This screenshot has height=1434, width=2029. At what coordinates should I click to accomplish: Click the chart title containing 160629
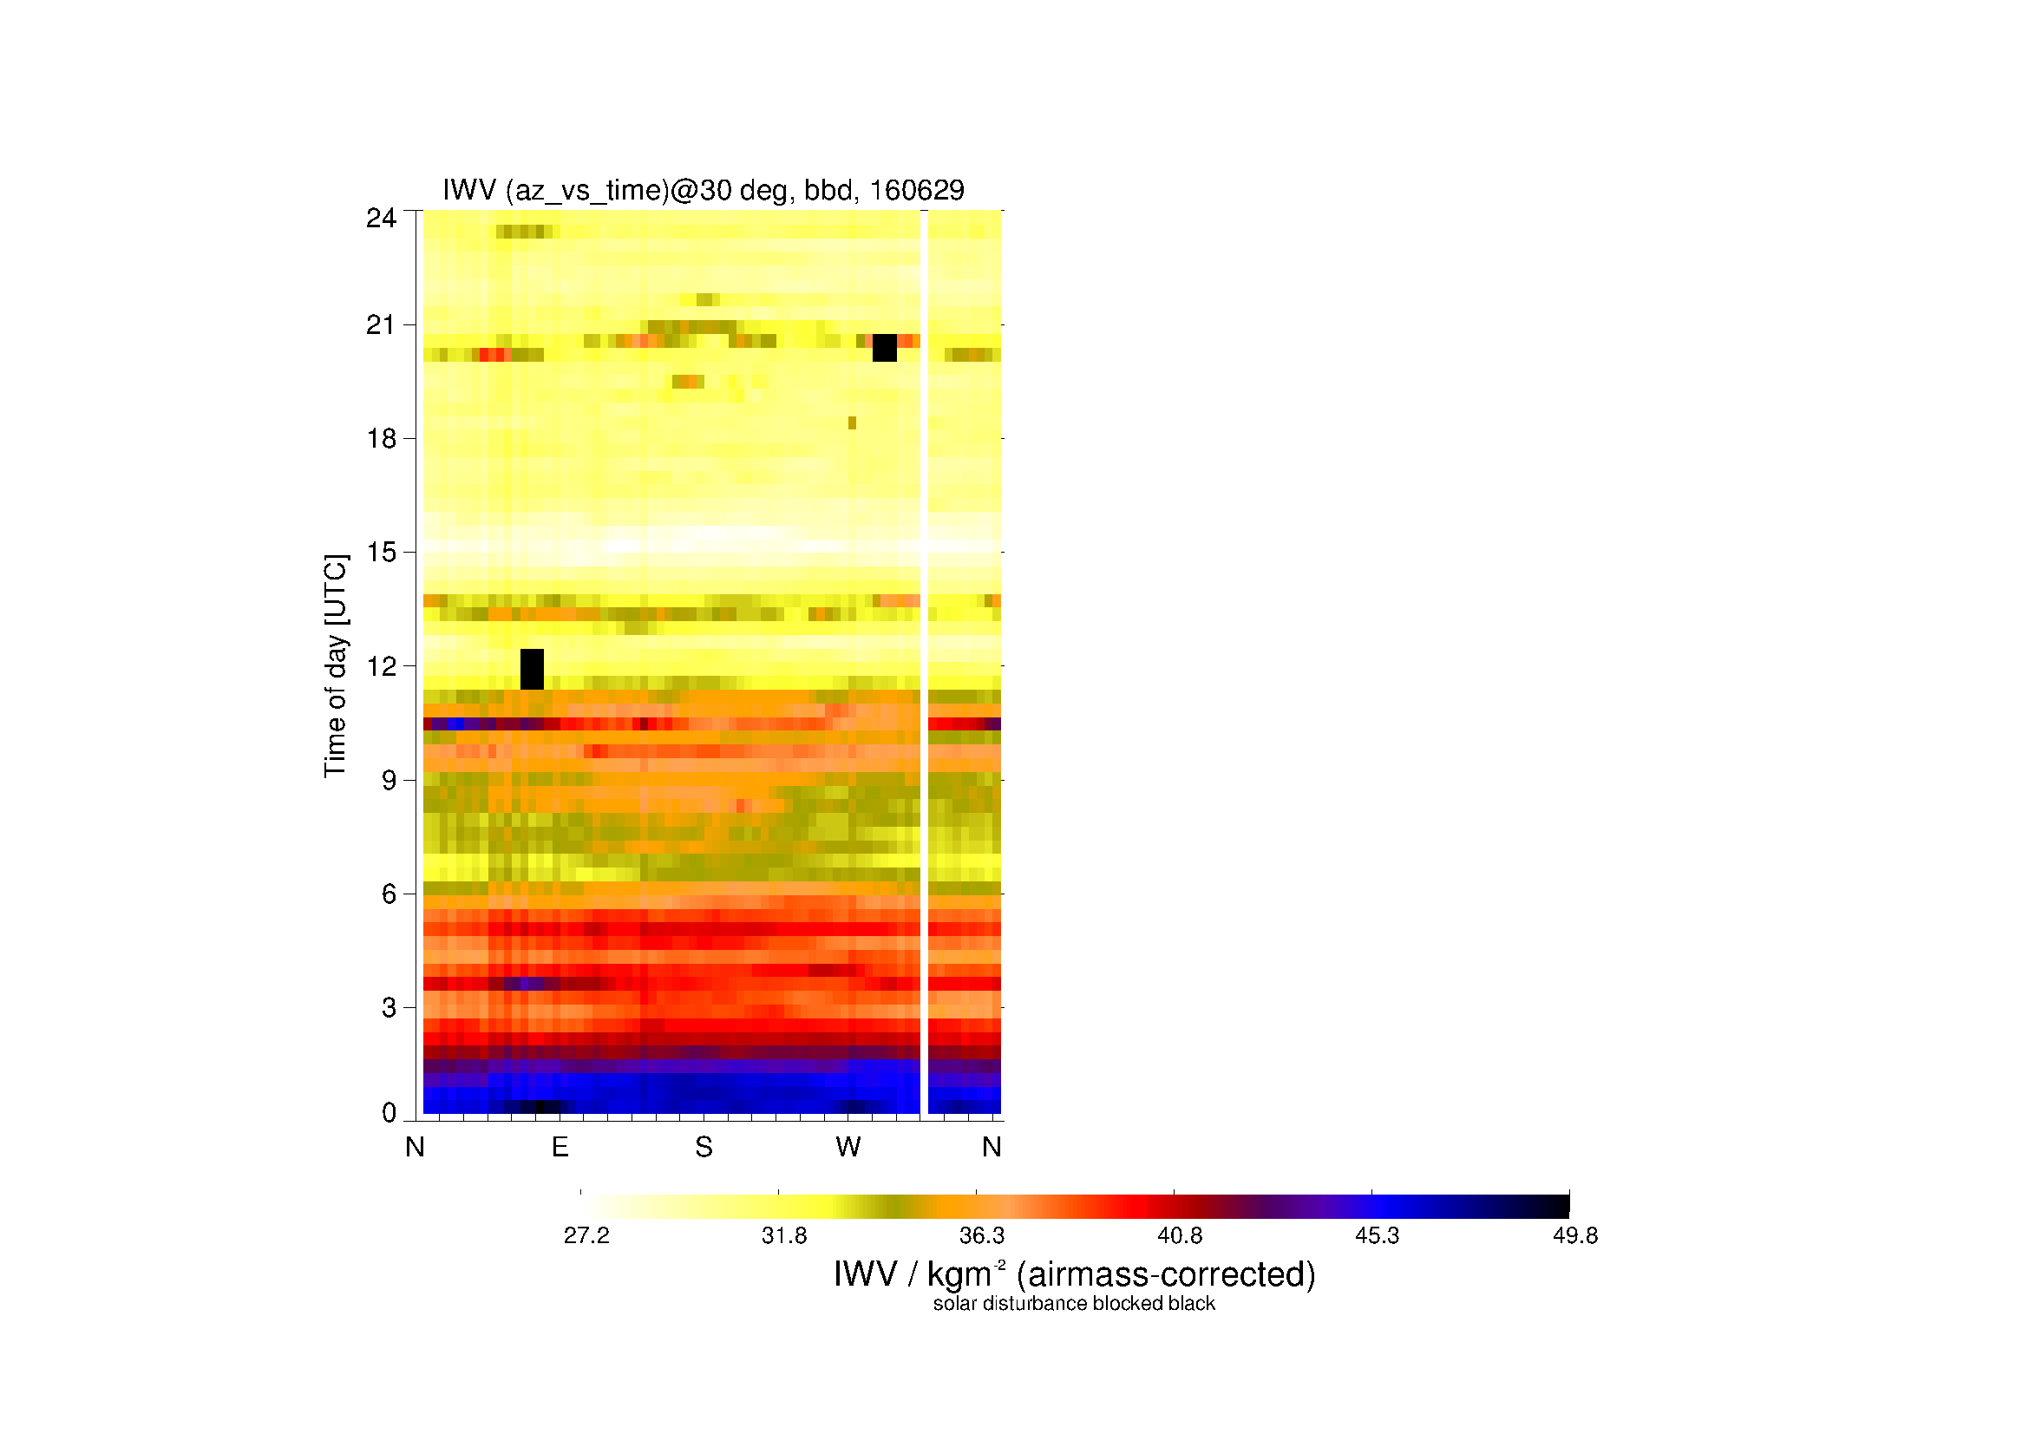[x=704, y=191]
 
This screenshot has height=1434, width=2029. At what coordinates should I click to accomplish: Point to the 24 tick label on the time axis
[x=382, y=218]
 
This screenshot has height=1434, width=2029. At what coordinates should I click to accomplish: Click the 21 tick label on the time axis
[x=382, y=325]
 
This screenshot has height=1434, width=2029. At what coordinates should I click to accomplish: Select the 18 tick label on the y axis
[x=382, y=438]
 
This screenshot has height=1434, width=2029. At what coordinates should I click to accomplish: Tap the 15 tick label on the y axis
[x=382, y=553]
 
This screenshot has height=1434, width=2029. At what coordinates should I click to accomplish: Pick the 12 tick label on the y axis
[x=382, y=666]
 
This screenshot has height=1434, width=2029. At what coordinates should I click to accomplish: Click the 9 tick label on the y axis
[x=389, y=780]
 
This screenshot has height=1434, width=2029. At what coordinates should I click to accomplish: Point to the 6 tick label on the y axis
[x=389, y=894]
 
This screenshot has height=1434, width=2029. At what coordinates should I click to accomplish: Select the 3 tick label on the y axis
[x=389, y=1008]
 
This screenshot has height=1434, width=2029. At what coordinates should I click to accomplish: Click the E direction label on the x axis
[x=560, y=1147]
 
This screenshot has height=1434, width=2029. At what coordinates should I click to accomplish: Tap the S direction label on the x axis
[x=704, y=1147]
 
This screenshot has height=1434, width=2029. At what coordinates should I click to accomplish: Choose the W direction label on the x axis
[x=848, y=1147]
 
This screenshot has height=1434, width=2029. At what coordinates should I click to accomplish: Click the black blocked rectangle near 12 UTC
[x=532, y=669]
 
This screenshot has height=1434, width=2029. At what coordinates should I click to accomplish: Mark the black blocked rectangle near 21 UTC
[x=885, y=348]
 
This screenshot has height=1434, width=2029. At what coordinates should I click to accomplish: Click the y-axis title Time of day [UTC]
[x=336, y=666]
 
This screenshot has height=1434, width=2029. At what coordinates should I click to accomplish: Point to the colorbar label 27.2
[x=586, y=1236]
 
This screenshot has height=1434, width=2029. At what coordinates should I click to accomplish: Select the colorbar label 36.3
[x=982, y=1236]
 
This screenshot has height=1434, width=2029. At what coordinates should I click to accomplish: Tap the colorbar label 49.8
[x=1575, y=1236]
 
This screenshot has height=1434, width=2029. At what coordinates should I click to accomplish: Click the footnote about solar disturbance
[x=1074, y=1304]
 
